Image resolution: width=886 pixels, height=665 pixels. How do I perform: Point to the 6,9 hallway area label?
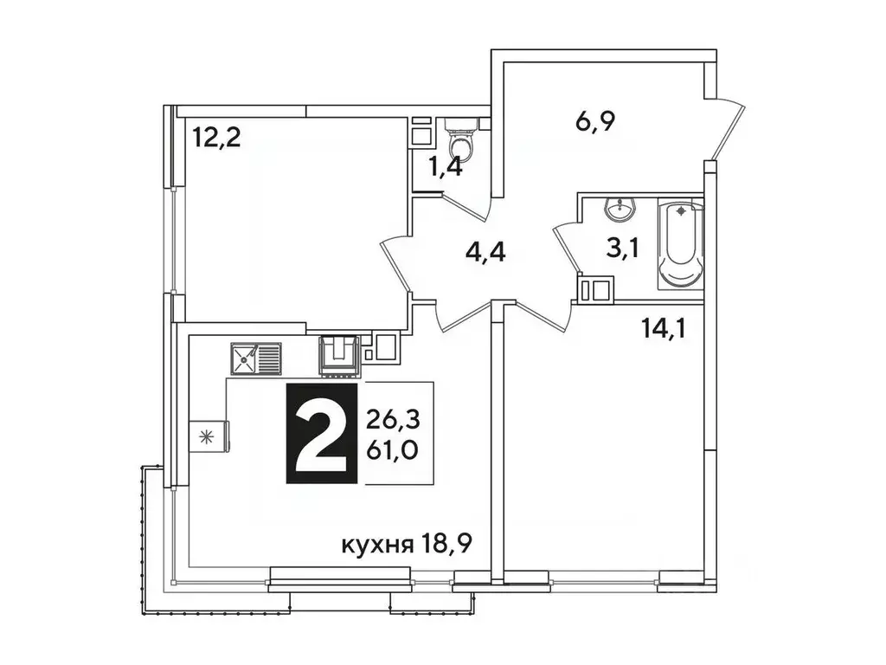pos(594,122)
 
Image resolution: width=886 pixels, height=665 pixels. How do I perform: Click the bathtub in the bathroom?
pos(681,245)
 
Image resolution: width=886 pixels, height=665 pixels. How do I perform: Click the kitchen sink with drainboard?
pos(256,357)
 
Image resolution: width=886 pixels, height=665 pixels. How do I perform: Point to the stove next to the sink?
pos(340,356)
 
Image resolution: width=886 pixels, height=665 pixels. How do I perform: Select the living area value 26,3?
pos(392,420)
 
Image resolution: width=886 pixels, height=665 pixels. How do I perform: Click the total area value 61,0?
pos(392,449)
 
